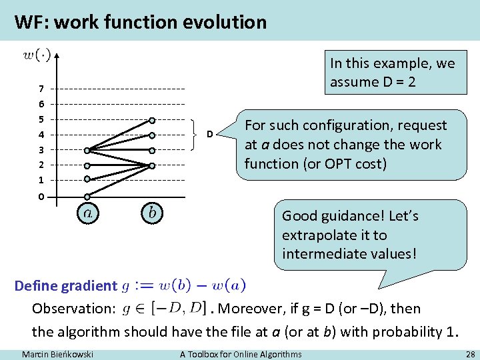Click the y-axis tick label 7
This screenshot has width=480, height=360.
click(41, 89)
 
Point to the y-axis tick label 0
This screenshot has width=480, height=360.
click(41, 197)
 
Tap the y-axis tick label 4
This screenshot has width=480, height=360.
click(41, 135)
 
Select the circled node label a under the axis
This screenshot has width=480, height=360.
click(87, 213)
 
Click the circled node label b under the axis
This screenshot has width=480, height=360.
click(152, 213)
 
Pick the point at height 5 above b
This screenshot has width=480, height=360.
click(152, 120)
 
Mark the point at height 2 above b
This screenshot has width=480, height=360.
click(152, 165)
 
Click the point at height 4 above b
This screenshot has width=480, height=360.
click(152, 135)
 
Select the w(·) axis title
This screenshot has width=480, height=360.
click(37, 55)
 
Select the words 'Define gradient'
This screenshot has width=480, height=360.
click(65, 286)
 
